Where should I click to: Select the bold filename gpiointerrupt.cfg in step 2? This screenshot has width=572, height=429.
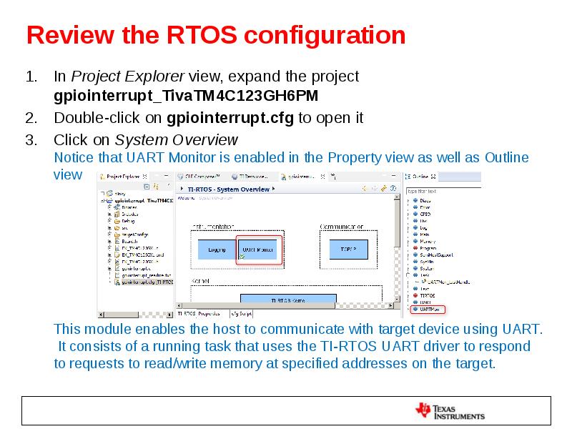[230, 118]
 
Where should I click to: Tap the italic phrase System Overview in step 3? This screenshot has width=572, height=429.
[177, 139]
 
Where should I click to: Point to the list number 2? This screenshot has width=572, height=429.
[31, 118]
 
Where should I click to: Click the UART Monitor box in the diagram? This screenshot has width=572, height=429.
[258, 250]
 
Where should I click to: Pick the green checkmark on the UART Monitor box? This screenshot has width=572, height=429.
[242, 256]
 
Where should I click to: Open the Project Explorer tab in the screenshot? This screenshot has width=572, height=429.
[122, 176]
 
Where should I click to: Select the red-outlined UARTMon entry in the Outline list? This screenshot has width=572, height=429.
[428, 310]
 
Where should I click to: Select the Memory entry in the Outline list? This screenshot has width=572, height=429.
[428, 242]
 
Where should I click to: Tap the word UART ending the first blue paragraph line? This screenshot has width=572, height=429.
[526, 330]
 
